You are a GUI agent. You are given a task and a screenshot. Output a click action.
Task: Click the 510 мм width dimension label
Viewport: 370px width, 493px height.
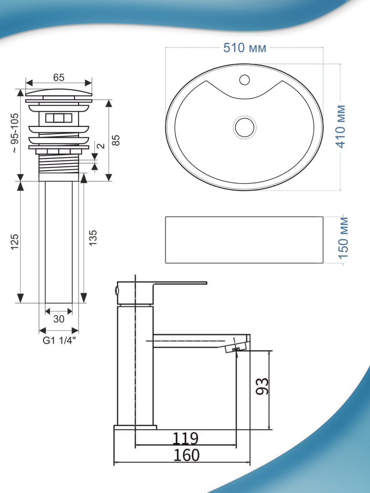(x=245, y=48)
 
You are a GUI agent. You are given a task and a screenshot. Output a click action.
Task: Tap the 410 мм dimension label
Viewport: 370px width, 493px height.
(x=341, y=127)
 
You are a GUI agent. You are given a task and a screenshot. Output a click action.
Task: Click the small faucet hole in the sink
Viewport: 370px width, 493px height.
(x=245, y=80)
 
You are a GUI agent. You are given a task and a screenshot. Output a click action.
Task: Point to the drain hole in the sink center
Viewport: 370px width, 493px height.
(x=245, y=127)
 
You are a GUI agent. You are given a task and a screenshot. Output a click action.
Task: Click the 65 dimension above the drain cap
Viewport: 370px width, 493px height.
(x=59, y=78)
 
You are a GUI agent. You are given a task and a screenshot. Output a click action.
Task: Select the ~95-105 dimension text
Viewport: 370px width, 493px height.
(x=16, y=133)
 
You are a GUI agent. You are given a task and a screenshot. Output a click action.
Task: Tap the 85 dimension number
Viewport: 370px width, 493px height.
(x=116, y=141)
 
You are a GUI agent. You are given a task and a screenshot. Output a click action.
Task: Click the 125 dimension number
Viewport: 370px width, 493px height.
(x=15, y=242)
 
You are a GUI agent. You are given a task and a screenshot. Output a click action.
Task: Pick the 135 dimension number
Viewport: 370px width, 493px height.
(x=93, y=238)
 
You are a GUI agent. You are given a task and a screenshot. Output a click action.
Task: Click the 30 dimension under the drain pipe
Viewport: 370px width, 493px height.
(x=59, y=319)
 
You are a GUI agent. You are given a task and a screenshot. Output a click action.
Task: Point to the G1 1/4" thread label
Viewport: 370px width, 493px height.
(x=59, y=341)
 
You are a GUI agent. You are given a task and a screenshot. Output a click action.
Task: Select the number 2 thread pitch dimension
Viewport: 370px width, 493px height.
(x=102, y=146)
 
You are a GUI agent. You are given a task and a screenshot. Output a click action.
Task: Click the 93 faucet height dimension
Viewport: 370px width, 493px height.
(x=262, y=386)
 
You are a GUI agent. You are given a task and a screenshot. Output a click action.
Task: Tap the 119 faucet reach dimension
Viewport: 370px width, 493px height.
(x=185, y=438)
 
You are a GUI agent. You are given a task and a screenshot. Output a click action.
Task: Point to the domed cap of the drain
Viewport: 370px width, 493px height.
(x=59, y=92)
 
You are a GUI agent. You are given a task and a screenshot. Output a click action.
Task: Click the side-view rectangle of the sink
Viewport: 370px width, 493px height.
(x=244, y=240)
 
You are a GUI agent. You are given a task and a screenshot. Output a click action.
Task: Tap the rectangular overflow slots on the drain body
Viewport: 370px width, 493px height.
(x=59, y=118)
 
